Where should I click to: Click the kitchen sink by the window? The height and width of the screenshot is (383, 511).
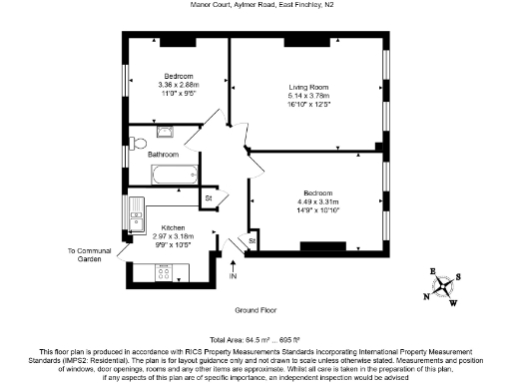point(134,210)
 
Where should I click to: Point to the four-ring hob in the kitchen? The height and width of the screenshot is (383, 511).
point(162,269)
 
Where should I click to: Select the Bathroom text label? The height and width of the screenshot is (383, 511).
point(163,155)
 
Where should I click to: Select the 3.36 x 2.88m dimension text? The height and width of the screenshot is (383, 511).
point(179,86)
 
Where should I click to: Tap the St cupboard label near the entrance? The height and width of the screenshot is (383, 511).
point(252,241)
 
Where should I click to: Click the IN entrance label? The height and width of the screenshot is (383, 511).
point(234,276)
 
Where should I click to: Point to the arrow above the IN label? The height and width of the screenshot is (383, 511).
point(234,264)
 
